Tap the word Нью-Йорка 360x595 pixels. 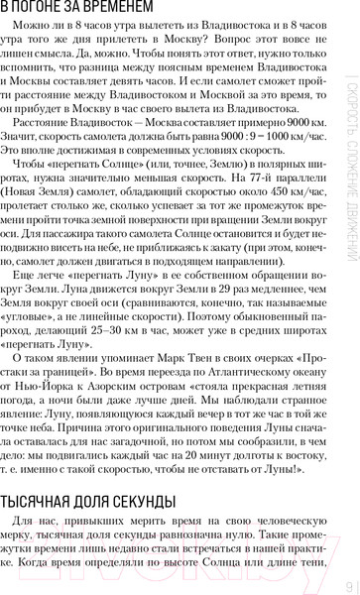70,418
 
